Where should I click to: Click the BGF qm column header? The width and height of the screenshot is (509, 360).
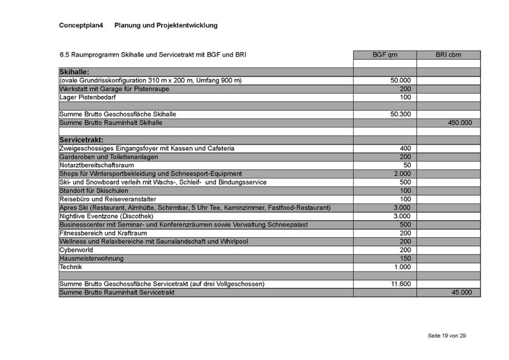point(384,55)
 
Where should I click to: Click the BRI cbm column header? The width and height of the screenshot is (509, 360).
point(449,55)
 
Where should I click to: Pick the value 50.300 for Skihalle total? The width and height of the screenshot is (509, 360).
point(400,114)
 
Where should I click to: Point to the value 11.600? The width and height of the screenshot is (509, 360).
point(400,284)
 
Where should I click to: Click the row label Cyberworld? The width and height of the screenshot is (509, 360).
point(76,250)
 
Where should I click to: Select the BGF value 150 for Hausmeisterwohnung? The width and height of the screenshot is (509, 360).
point(405,259)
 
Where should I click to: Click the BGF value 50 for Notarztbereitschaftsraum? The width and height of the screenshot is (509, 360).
point(407,165)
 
